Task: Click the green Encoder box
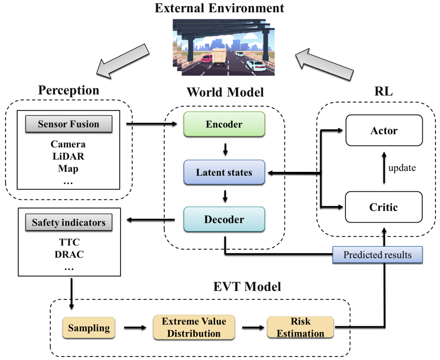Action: point(224,124)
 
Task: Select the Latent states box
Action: point(224,172)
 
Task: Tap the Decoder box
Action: point(224,219)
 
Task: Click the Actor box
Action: point(384,130)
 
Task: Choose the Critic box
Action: point(384,207)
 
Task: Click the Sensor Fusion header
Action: point(69,124)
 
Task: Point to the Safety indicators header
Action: point(69,222)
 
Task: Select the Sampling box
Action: point(89,328)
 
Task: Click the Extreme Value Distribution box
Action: point(194,327)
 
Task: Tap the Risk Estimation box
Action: point(300,327)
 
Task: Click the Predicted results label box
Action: point(377,255)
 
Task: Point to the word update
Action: point(402,168)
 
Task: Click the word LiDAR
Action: point(69,156)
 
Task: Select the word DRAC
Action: point(69,255)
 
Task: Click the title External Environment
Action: point(219,8)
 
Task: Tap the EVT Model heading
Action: point(247,286)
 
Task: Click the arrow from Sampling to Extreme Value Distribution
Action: point(135,327)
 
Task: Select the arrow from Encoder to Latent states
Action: point(225,149)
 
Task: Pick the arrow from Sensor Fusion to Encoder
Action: point(152,124)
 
